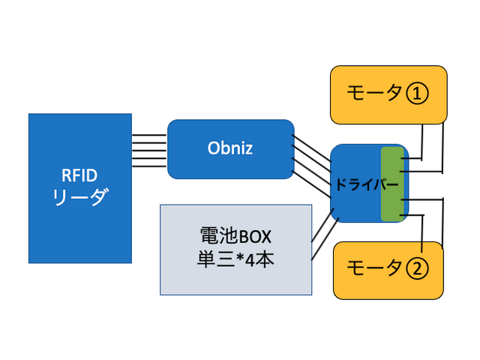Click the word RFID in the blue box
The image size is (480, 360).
[x=79, y=176]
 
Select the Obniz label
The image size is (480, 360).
[x=229, y=148]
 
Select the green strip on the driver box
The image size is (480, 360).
[x=391, y=184]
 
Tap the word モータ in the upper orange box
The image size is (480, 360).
[x=373, y=94]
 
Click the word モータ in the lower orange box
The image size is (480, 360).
[x=373, y=268]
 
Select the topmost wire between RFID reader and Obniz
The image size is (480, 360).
[x=149, y=135]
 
